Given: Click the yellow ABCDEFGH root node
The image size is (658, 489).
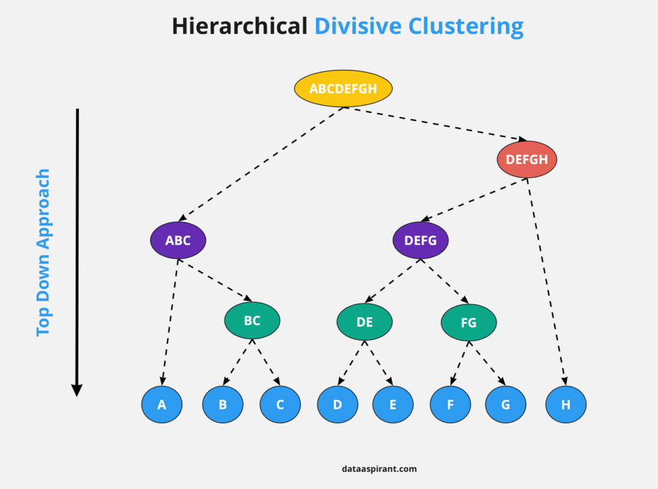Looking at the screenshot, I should (x=343, y=89).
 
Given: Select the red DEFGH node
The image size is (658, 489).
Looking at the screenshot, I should (x=527, y=159).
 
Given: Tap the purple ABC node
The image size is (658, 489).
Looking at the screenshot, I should (x=178, y=240).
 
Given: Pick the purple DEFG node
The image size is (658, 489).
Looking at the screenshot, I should (x=421, y=240).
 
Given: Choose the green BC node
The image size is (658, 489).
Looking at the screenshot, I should (x=252, y=321).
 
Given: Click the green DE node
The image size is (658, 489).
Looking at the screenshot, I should (x=364, y=322).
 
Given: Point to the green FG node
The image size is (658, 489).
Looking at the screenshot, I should (x=468, y=322).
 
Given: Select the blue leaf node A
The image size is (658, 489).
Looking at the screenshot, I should (x=162, y=405).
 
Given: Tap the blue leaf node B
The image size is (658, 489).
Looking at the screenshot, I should (x=223, y=405).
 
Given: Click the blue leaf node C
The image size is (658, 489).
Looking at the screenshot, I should (x=280, y=405).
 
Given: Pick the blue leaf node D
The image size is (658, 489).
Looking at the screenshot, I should (x=338, y=405).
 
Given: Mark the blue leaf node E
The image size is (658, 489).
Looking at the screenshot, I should (x=393, y=405).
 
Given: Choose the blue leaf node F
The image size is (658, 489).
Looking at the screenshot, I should (x=450, y=405).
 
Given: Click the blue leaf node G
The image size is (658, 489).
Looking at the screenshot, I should (x=506, y=405).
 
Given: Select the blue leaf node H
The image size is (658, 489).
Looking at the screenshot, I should (x=565, y=405).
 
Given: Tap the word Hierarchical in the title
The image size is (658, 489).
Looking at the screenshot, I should (x=239, y=27).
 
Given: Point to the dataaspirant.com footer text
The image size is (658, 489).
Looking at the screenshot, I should (x=379, y=469).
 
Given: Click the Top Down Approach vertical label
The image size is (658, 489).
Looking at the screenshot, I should (x=43, y=252).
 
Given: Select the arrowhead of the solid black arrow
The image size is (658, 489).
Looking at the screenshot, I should (x=77, y=390).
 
